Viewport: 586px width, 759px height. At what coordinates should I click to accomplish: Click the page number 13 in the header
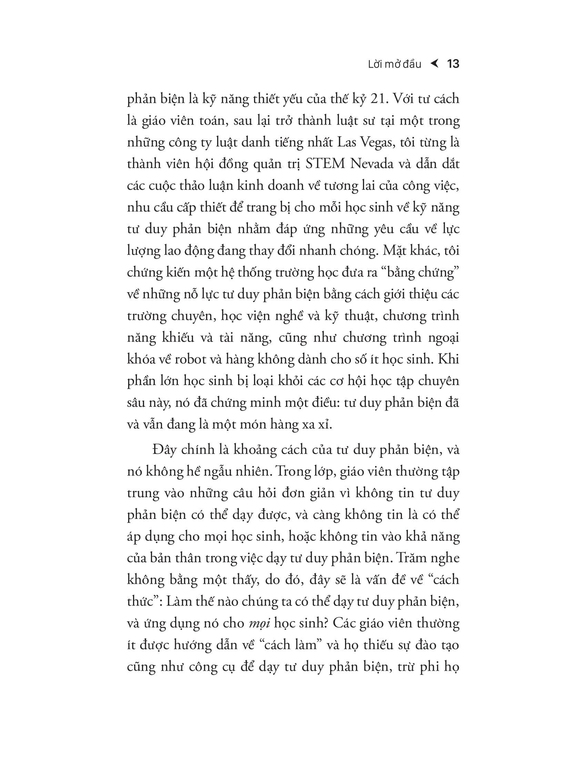tap(453, 64)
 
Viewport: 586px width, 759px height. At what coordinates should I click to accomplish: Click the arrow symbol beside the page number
tap(434, 63)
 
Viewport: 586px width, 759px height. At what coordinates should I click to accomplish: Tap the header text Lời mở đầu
tap(394, 64)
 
